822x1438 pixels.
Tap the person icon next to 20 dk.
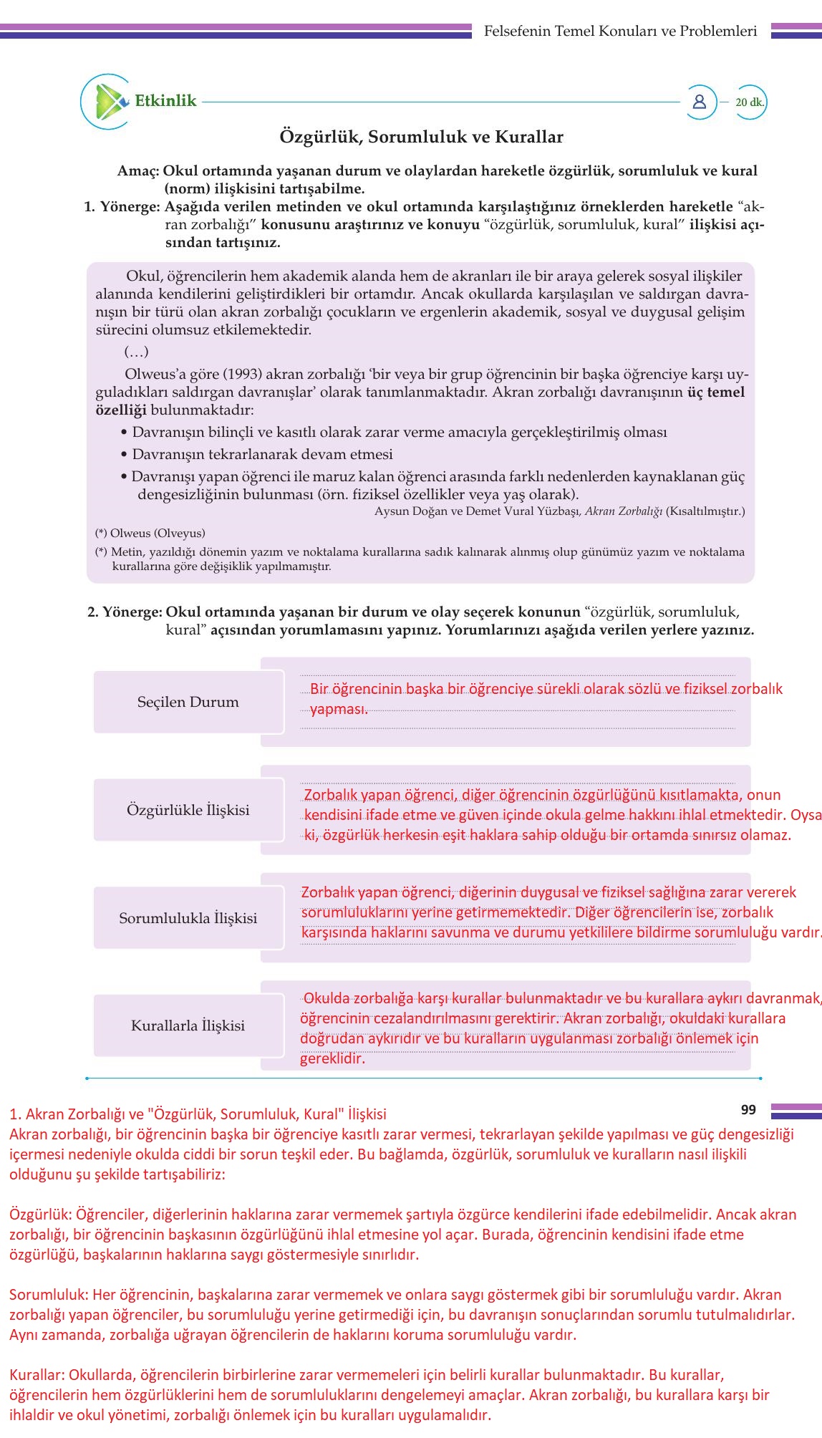(700, 102)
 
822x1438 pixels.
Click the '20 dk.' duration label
(749, 102)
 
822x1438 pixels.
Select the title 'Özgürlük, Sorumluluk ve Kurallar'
(421, 137)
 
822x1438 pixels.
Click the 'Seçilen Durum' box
(188, 702)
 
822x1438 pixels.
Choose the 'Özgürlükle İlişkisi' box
(188, 810)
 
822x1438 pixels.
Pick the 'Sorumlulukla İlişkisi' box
(188, 918)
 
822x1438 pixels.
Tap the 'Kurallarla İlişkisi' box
(188, 1026)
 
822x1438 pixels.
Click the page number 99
(748, 1109)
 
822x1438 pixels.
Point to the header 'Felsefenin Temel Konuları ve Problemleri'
(620, 31)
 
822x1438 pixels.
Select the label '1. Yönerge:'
(122, 207)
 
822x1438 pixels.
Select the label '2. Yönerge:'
(125, 612)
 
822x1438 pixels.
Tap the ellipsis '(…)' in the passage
(136, 352)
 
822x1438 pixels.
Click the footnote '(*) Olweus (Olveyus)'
(150, 534)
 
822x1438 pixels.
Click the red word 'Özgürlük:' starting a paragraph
(41, 1215)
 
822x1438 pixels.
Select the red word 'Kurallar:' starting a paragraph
(37, 1375)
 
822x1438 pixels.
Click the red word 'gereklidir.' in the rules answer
(332, 1058)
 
